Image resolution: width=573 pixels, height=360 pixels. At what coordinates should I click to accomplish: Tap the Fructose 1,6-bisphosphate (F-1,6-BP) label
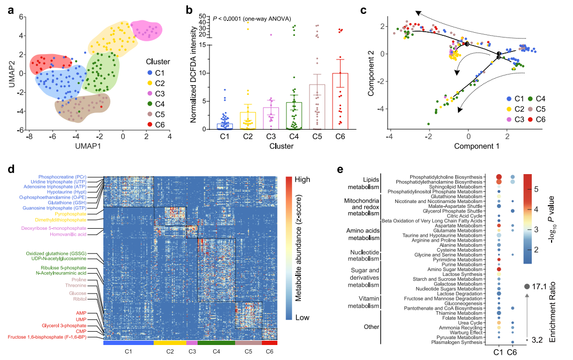(x=51, y=337)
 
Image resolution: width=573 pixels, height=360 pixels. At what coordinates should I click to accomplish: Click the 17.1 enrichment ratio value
(x=547, y=287)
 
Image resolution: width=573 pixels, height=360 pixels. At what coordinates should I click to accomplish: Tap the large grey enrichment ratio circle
(x=527, y=287)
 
